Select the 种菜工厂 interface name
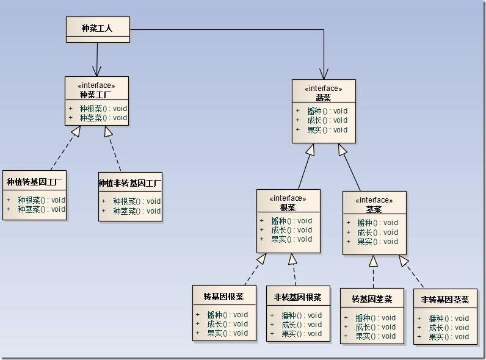96,95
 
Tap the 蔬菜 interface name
323,97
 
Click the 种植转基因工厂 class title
34,182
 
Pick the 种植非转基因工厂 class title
130,183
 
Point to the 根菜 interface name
288,207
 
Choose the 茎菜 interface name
374,209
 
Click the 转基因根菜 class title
223,297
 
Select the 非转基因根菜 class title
297,297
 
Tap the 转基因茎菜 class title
372,300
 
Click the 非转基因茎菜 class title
445,300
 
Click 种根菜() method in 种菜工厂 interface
103,108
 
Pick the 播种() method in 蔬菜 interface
327,111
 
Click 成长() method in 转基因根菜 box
227,324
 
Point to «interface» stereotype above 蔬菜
323,88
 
